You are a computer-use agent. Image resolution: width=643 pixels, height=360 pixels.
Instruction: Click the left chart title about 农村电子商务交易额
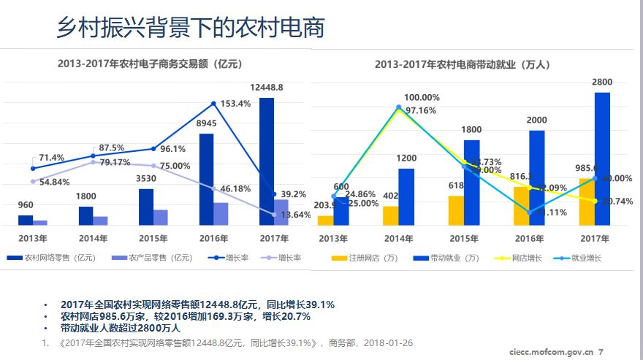point(150,64)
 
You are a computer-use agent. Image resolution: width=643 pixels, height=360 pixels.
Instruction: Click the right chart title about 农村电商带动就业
point(462,64)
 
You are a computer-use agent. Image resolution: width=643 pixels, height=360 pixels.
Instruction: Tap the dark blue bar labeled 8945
point(207,179)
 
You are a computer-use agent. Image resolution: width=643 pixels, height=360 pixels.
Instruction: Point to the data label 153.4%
point(235,104)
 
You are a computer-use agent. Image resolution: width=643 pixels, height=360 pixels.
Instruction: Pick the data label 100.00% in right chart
point(422,98)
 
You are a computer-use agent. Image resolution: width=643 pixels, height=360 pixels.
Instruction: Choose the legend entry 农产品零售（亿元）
point(153,258)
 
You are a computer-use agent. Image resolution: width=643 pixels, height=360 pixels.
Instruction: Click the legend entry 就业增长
point(586,258)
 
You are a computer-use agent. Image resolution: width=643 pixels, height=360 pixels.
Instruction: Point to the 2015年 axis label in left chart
point(154,238)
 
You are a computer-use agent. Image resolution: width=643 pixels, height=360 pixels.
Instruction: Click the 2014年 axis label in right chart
point(398,238)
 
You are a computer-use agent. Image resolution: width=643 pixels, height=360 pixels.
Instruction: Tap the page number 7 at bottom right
point(601,352)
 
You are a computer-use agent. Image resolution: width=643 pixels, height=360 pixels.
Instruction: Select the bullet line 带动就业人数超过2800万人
point(121,328)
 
